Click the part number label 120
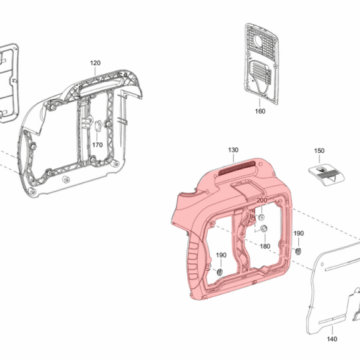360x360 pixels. [95, 63]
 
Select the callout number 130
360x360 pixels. [233, 150]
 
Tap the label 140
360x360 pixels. [332, 339]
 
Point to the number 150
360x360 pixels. [319, 151]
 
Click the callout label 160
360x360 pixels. [260, 111]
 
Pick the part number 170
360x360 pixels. [97, 145]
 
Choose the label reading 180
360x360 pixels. [265, 246]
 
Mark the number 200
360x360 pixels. [262, 200]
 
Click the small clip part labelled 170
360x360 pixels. [98, 126]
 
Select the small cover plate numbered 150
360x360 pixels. [326, 175]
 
